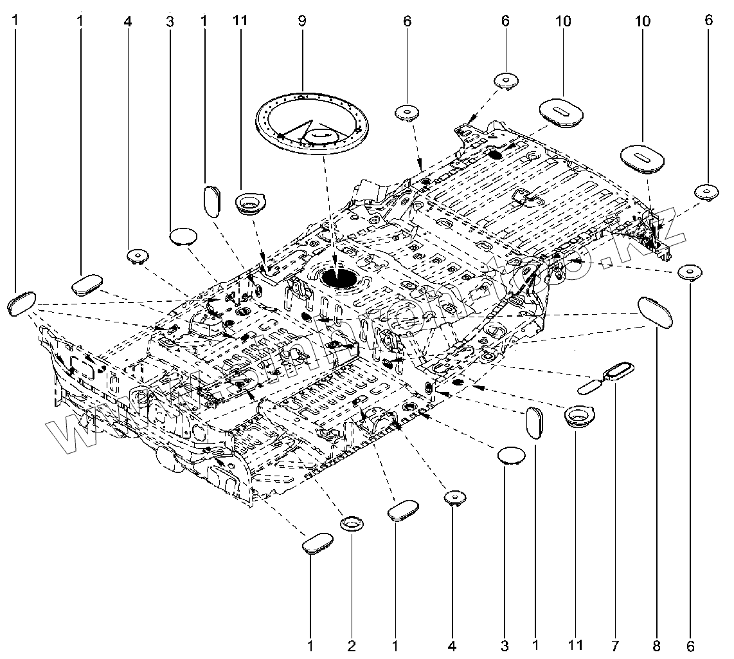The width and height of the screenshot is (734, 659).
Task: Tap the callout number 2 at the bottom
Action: click(x=352, y=644)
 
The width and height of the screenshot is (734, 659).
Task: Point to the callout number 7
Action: click(x=616, y=644)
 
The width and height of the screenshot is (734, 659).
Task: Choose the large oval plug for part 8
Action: click(x=655, y=312)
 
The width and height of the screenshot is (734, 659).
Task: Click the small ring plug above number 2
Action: click(x=352, y=523)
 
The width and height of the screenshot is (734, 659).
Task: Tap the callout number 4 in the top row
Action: click(x=128, y=21)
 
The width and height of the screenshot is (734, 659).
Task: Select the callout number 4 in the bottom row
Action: click(x=453, y=644)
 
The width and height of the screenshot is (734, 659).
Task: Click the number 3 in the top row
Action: click(x=170, y=21)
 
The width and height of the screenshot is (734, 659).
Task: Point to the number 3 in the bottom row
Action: click(x=505, y=644)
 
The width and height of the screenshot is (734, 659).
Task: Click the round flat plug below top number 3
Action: click(x=183, y=236)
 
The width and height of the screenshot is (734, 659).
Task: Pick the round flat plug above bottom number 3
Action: click(x=512, y=454)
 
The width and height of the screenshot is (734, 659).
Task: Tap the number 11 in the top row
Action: click(x=240, y=21)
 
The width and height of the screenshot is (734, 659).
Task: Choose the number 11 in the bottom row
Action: click(x=576, y=644)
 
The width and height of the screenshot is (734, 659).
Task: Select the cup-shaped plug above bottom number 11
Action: click(x=577, y=416)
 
